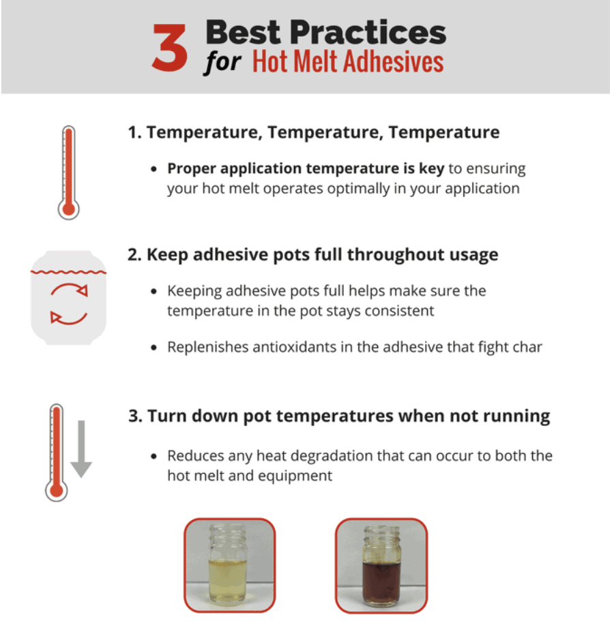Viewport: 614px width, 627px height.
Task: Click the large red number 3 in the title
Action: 169,48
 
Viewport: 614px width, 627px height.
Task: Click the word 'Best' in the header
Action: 244,32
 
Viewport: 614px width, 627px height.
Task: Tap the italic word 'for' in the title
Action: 222,63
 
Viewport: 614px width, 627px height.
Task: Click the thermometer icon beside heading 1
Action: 68,171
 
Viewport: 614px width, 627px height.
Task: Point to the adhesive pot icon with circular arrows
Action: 68,299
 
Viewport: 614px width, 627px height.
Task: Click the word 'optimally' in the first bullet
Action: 368,188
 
